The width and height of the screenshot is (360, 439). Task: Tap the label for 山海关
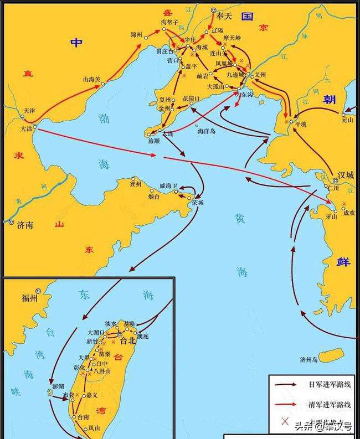pos(91,80)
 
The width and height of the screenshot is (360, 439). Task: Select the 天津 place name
pos(29,111)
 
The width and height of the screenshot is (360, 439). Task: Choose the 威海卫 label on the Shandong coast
pos(168,185)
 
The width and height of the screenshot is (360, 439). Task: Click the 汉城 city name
pos(346,176)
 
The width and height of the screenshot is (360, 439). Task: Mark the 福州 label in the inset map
pos(30,299)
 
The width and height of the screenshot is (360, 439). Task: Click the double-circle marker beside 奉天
pos(214,11)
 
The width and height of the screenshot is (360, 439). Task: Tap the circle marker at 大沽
pos(35,127)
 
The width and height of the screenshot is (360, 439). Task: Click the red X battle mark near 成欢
pos(345,204)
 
